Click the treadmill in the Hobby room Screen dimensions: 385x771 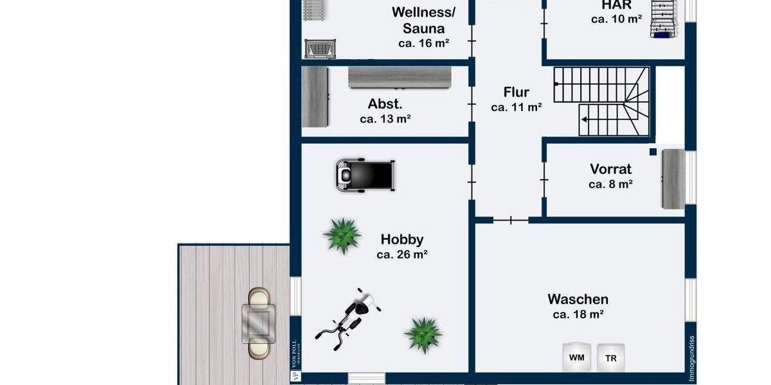coord(364,175)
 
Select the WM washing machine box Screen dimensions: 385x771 coord(576,358)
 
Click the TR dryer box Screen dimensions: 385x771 coord(610,358)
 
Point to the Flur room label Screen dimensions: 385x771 coord(516,92)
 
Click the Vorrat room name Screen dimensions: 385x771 coord(610,169)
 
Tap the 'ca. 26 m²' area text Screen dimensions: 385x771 coord(402,254)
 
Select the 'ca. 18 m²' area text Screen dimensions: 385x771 coord(578,314)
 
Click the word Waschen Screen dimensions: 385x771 coord(578,299)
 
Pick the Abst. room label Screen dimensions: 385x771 coord(385,104)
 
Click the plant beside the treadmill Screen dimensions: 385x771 coord(341,235)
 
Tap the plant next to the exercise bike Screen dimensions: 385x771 coord(423,334)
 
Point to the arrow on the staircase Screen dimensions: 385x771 coord(585,119)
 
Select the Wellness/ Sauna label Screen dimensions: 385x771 coord(423,20)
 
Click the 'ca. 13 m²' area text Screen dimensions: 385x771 coord(385,119)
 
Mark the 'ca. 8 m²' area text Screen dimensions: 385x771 coord(610,184)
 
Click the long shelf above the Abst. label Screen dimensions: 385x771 coord(400,78)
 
